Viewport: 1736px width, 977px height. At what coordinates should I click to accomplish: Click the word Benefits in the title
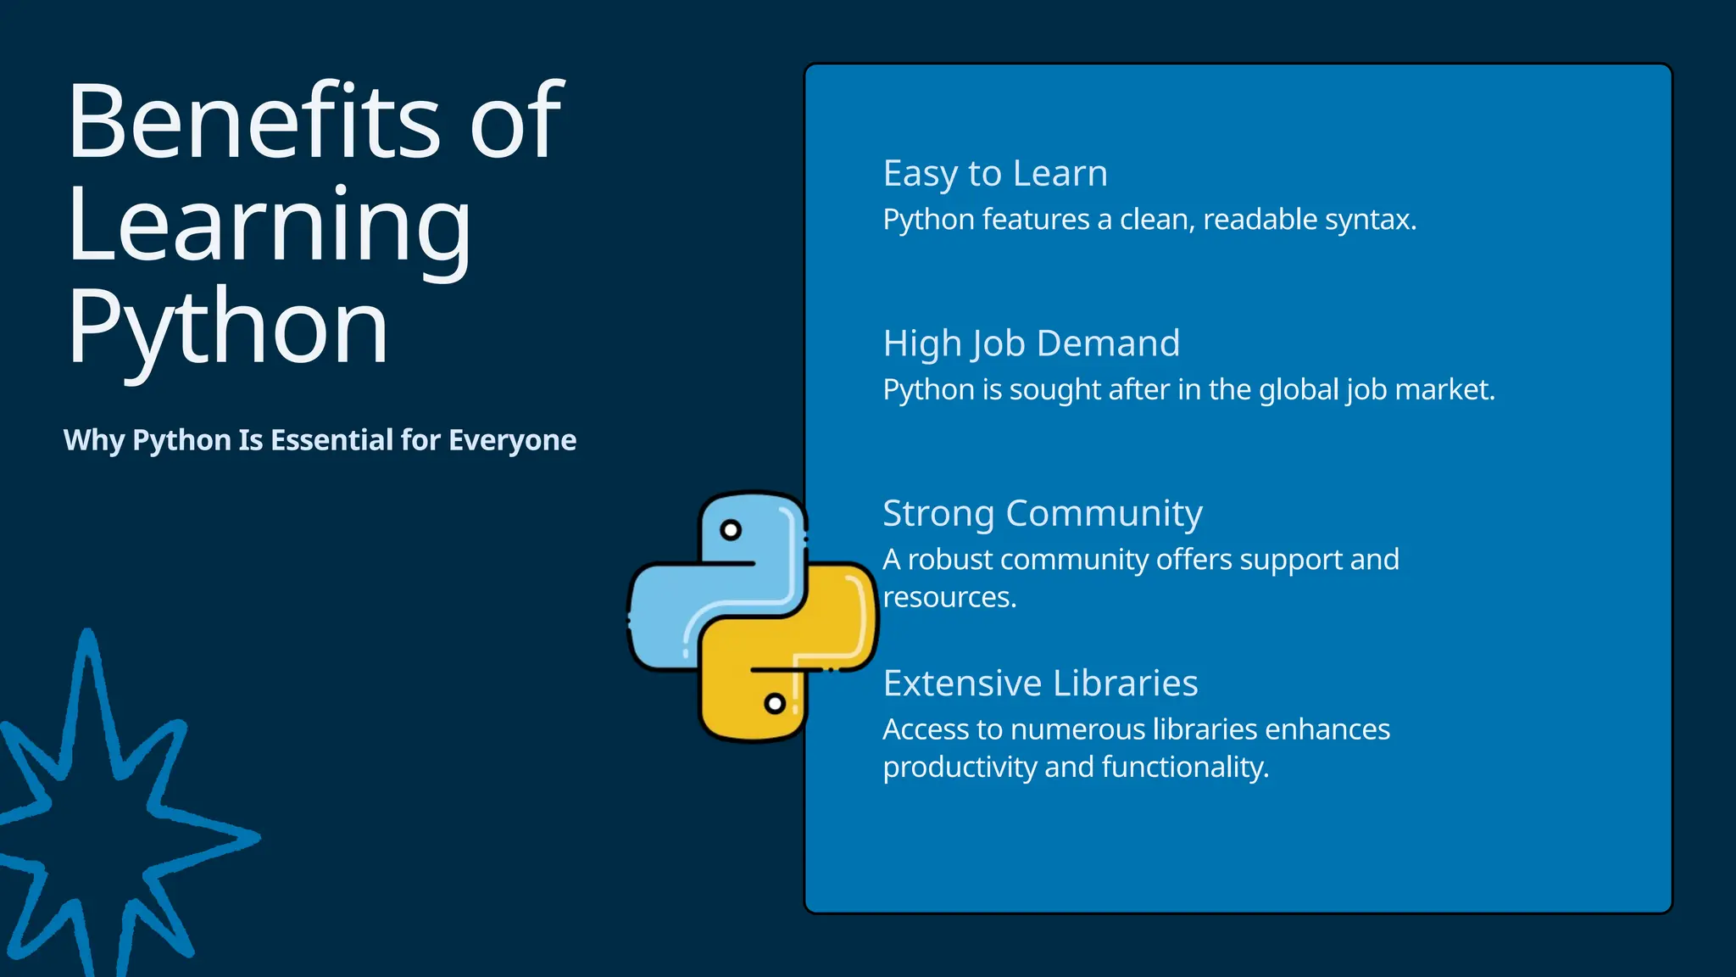click(x=253, y=121)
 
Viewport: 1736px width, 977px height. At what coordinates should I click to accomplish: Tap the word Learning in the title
click(x=269, y=225)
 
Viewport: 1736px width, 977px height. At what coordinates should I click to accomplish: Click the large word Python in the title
click(x=227, y=327)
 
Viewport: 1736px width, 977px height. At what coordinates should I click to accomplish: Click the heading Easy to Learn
click(x=995, y=174)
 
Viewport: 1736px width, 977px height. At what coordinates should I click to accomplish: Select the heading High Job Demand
click(x=1031, y=343)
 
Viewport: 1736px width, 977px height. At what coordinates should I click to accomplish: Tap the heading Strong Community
click(x=1042, y=513)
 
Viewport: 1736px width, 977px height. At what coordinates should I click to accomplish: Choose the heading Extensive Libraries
click(x=1040, y=683)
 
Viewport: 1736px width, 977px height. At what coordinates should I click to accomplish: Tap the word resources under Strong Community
click(x=949, y=597)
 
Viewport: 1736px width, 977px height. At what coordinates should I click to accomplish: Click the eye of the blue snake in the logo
click(x=731, y=530)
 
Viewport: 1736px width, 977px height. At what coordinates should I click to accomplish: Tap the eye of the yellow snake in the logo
click(x=775, y=703)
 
